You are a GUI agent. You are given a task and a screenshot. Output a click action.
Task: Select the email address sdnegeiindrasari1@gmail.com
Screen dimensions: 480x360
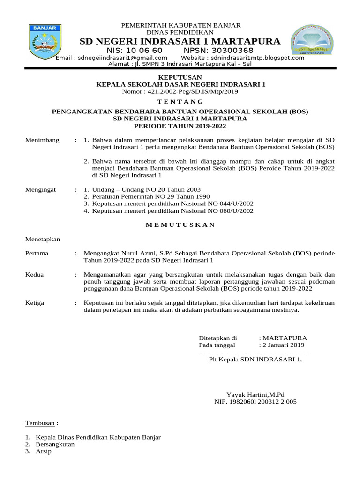pyautogui.click(x=111, y=58)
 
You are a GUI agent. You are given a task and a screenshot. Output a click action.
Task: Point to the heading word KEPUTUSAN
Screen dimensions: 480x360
pyautogui.click(x=180, y=77)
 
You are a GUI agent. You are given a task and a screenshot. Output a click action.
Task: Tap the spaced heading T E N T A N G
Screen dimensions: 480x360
pyautogui.click(x=180, y=102)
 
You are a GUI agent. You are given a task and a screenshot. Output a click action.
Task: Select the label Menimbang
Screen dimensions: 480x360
pyautogui.click(x=42, y=140)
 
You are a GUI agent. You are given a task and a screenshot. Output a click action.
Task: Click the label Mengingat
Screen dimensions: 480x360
pyautogui.click(x=40, y=190)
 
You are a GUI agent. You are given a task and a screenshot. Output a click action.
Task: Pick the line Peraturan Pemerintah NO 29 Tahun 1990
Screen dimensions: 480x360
pyautogui.click(x=151, y=197)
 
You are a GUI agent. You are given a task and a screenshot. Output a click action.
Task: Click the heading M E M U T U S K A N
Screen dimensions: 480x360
pyautogui.click(x=180, y=225)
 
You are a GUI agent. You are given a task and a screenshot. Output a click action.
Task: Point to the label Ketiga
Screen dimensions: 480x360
pyautogui.click(x=35, y=303)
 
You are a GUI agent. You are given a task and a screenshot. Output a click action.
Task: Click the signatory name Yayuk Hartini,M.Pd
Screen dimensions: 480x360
pyautogui.click(x=255, y=395)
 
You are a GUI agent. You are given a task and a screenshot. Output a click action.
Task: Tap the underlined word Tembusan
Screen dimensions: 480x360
pyautogui.click(x=40, y=423)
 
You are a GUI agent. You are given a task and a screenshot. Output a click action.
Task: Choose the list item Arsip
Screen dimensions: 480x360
pyautogui.click(x=44, y=451)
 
